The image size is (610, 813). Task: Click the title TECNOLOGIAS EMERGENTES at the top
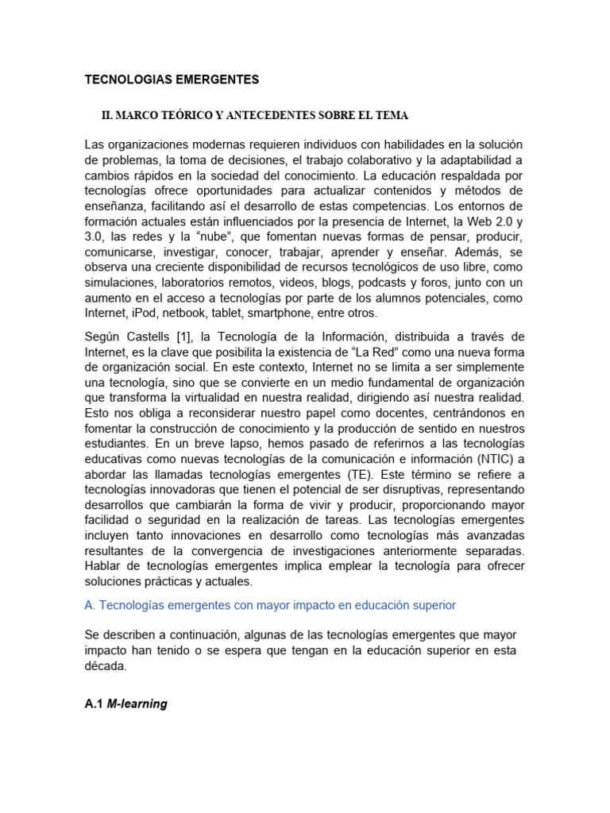coord(172,79)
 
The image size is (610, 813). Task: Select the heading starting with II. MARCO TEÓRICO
coord(254,116)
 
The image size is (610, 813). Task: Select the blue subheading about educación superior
coord(270,606)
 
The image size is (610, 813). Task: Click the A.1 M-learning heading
coord(125,683)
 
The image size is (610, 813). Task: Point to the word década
coord(105,667)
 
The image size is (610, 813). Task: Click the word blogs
coord(326,282)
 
